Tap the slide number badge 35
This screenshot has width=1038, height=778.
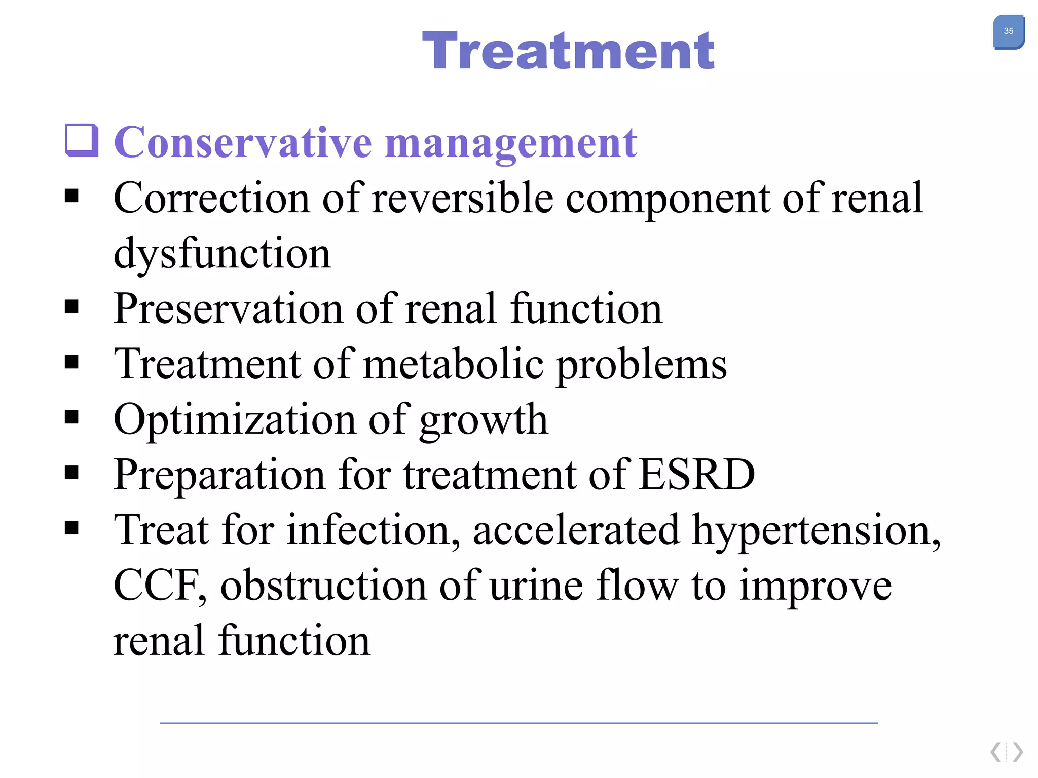pyautogui.click(x=1008, y=32)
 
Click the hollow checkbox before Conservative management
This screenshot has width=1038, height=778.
pyautogui.click(x=81, y=140)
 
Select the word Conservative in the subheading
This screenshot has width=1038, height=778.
pyautogui.click(x=243, y=143)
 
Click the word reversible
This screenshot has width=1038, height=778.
pyautogui.click(x=462, y=198)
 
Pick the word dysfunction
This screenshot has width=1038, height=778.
pyautogui.click(x=222, y=253)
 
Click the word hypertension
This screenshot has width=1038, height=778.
pyautogui.click(x=816, y=531)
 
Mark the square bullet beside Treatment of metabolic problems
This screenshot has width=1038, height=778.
pyautogui.click(x=72, y=363)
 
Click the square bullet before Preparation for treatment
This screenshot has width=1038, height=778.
pyautogui.click(x=72, y=473)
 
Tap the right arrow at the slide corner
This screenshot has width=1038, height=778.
pyautogui.click(x=1018, y=752)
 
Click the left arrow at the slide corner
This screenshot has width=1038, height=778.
pyautogui.click(x=995, y=752)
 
